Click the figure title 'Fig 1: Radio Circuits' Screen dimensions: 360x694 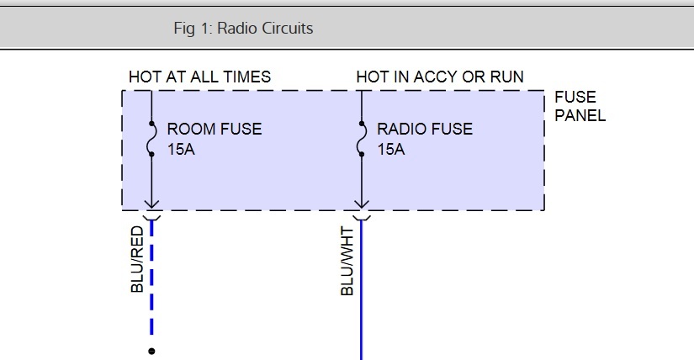click(243, 28)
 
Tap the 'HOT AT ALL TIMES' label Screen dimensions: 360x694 click(199, 77)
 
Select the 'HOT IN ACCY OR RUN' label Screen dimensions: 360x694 click(440, 77)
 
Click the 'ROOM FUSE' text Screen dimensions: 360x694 click(215, 130)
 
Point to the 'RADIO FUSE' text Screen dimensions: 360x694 click(425, 130)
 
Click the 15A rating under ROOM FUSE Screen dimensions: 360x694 click(181, 150)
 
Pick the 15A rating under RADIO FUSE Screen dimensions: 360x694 click(391, 150)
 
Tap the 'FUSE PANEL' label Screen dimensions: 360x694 click(580, 107)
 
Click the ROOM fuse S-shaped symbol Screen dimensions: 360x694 click(151, 139)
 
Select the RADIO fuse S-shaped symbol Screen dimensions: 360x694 click(362, 139)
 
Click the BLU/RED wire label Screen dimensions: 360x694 click(138, 259)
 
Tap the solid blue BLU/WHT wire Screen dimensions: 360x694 click(362, 294)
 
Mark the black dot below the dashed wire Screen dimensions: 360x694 click(151, 351)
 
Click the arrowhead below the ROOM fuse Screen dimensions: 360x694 click(151, 204)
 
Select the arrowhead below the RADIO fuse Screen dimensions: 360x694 click(362, 204)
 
